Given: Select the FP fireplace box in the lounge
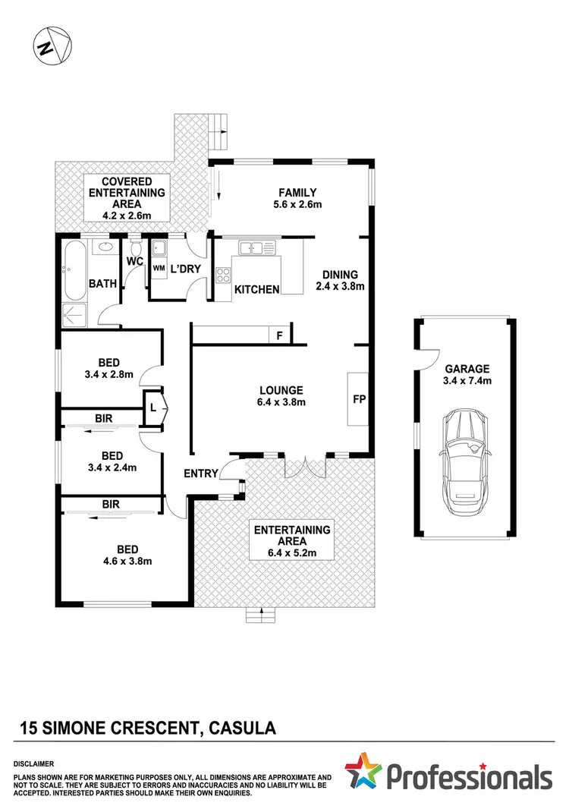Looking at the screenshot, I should [x=357, y=399].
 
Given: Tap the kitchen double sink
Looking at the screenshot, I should [x=251, y=247].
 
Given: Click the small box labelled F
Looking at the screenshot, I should [x=279, y=335].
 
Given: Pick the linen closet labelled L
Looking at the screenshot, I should [x=154, y=408].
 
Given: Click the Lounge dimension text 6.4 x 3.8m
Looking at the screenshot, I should [x=280, y=402].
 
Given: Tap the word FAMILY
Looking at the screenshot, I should [x=297, y=193].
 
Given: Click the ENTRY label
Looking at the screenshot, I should [x=201, y=474].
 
